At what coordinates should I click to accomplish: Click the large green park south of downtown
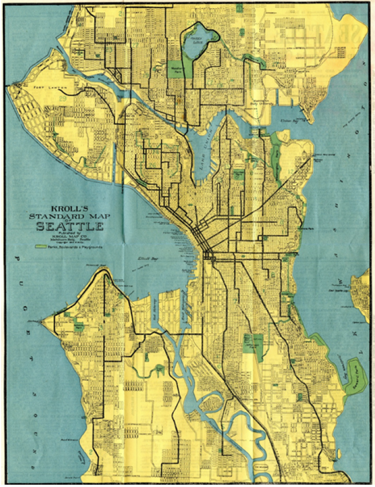(x=253, y=344)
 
